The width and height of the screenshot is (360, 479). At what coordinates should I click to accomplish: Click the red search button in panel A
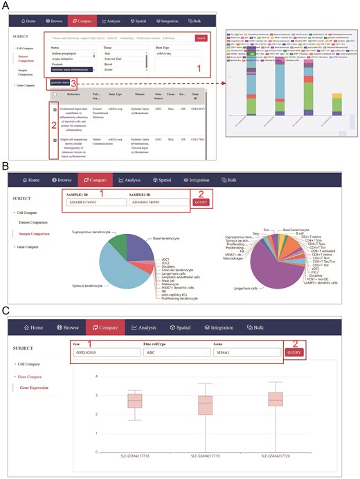pos(201,38)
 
